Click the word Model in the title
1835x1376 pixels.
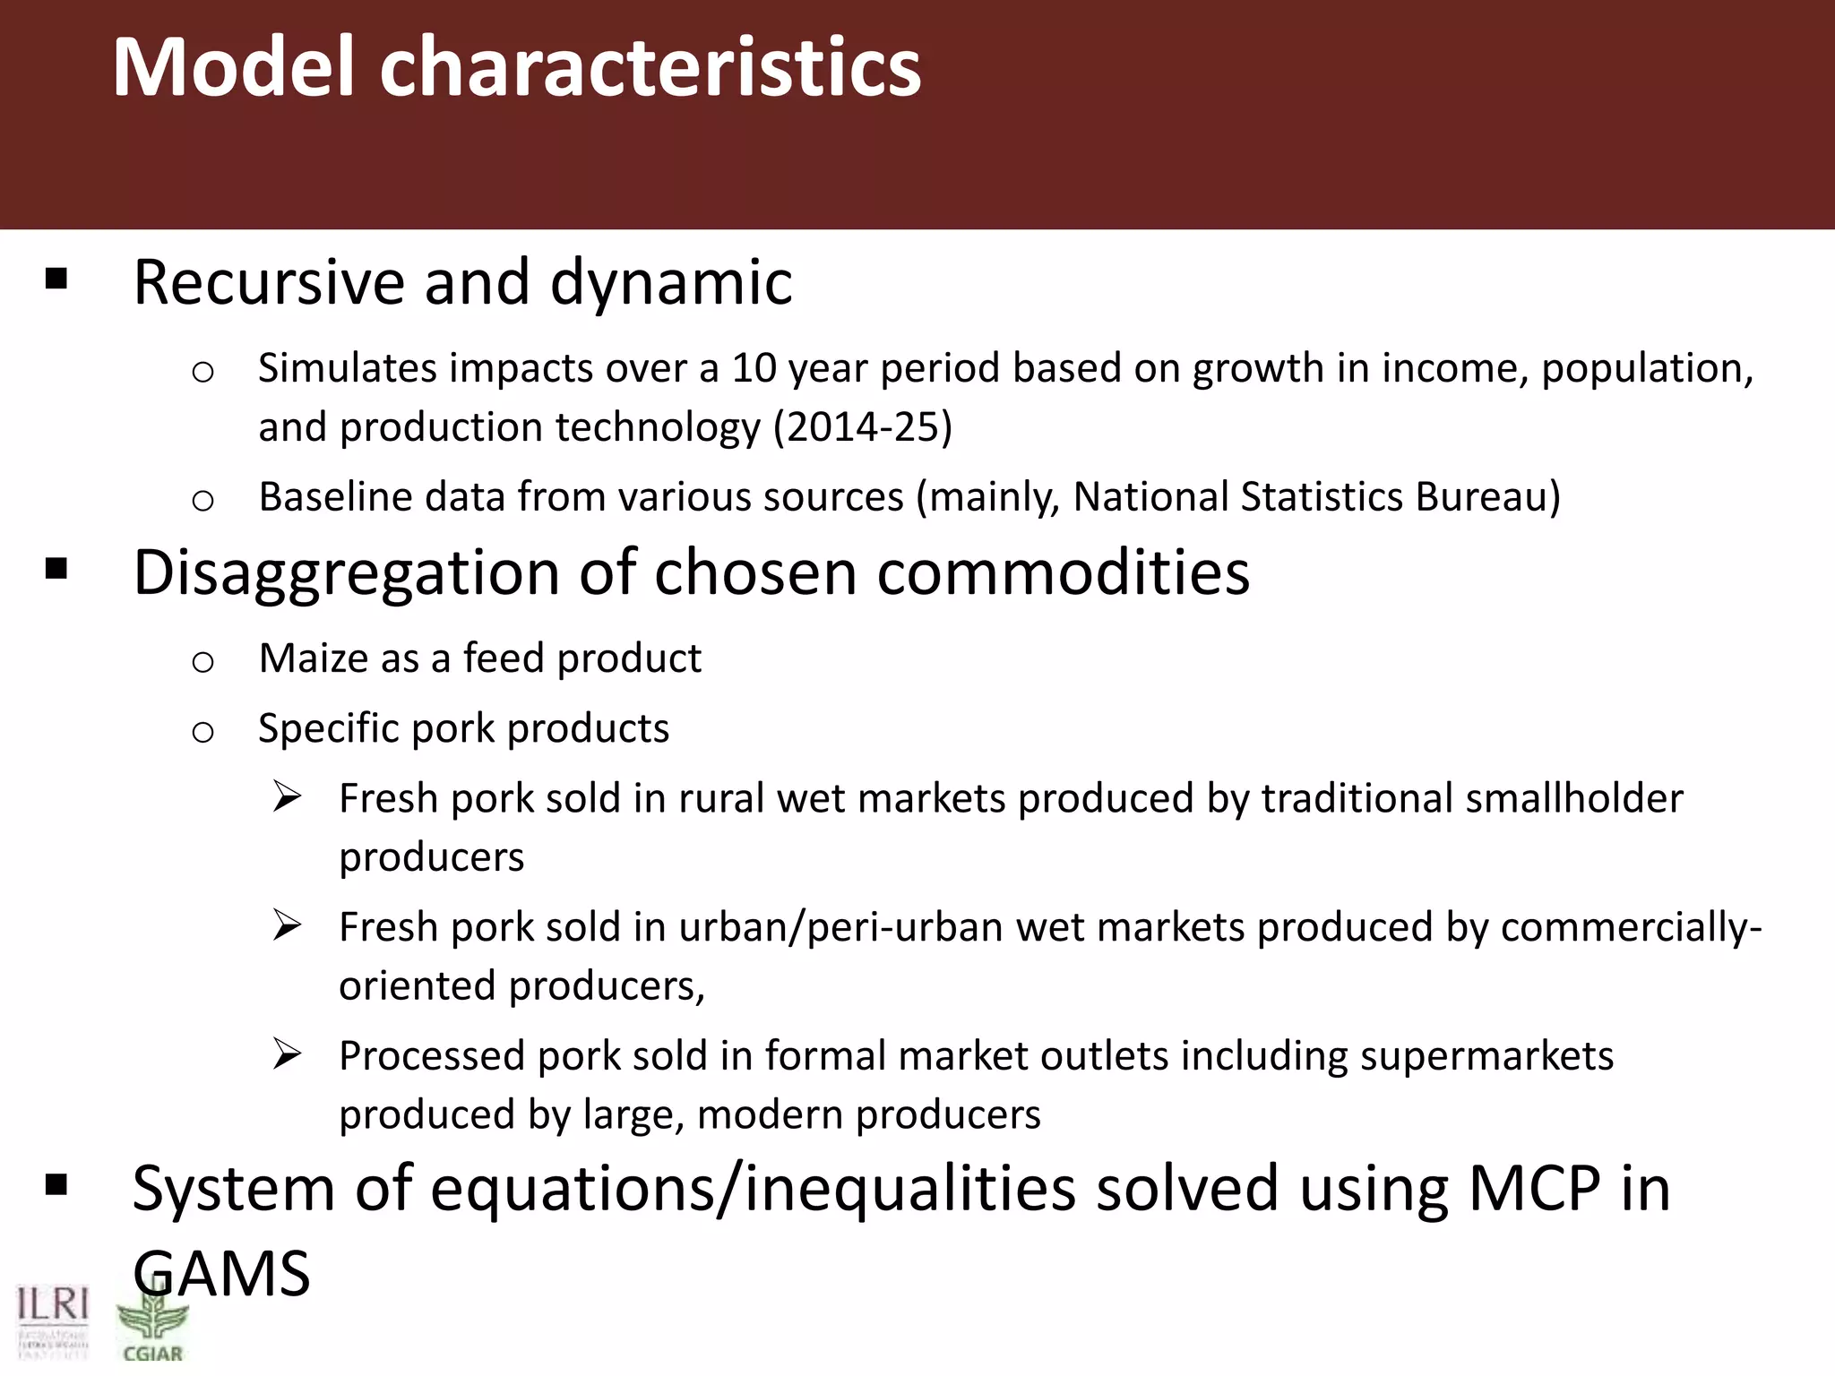click(x=235, y=67)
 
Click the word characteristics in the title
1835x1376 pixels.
click(x=650, y=67)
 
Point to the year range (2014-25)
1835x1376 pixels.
click(x=862, y=426)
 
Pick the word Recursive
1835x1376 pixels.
click(x=270, y=282)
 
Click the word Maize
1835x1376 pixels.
click(x=313, y=658)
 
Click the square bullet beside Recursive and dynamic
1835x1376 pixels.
click(x=56, y=279)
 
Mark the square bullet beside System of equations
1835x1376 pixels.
click(x=56, y=1186)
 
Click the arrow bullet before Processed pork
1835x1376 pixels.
click(x=288, y=1054)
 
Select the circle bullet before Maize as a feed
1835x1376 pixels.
click(x=203, y=662)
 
